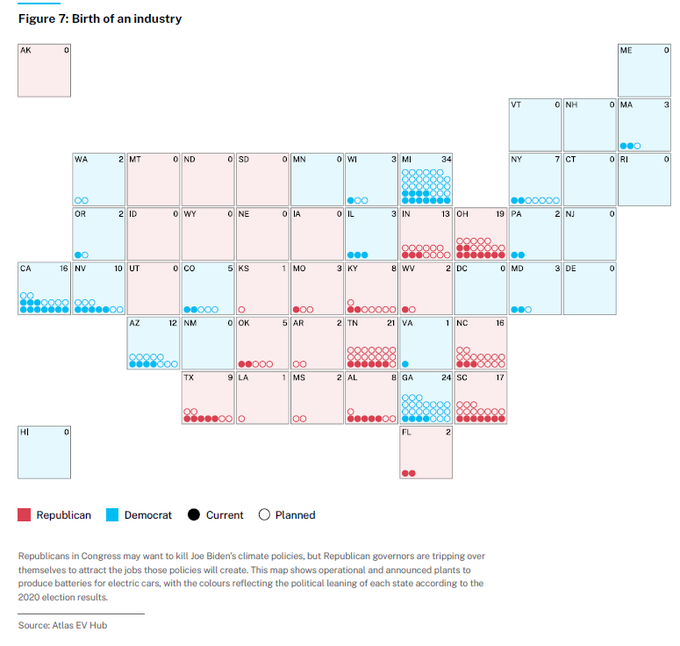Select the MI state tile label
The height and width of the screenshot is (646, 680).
point(406,159)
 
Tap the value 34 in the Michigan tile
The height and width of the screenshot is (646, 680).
point(446,159)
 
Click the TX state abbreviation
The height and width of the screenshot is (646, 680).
point(189,377)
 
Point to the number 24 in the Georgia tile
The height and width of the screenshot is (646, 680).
point(446,377)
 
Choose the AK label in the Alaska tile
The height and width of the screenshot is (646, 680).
point(25,50)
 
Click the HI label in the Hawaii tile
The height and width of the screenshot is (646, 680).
point(24,432)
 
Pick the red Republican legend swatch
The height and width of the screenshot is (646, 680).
point(24,515)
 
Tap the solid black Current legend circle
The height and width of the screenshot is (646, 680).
point(193,515)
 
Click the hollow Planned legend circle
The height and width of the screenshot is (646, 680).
point(264,515)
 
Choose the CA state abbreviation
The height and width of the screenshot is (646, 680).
point(26,268)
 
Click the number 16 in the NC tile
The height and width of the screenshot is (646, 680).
point(500,323)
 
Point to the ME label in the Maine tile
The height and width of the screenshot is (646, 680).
point(626,50)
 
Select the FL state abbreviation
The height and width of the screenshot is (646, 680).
point(406,432)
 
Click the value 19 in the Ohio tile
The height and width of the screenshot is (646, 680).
point(500,214)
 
